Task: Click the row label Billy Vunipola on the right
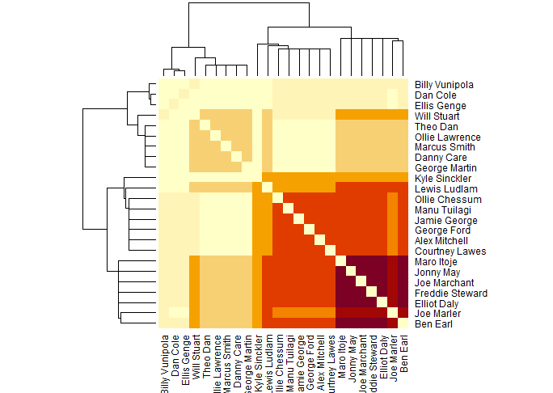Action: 444,84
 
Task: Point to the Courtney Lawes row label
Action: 443,251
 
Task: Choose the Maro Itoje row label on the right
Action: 436,262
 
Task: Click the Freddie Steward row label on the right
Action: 444,294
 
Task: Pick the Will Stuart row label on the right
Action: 435,116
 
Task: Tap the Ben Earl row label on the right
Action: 432,324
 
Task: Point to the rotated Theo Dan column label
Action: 205,353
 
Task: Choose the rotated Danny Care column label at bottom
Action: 236,356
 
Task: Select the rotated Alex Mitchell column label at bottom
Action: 320,356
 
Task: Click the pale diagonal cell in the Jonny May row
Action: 352,273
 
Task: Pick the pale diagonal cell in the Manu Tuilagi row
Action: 289,209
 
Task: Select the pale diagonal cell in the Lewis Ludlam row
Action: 268,188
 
